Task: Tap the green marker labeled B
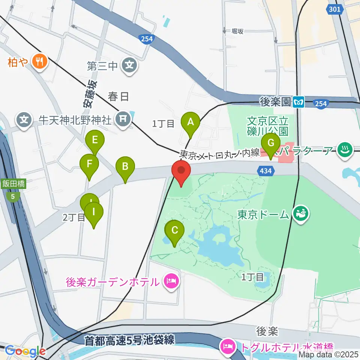click(x=125, y=167)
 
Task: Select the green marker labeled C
click(x=175, y=231)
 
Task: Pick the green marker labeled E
click(x=94, y=141)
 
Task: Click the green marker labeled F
click(x=89, y=164)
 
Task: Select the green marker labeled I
click(x=93, y=212)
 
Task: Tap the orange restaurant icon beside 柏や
click(x=39, y=61)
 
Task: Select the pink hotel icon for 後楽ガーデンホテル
click(x=172, y=281)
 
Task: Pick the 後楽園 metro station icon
click(x=299, y=101)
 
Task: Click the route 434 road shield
click(x=264, y=171)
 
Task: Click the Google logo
click(x=25, y=351)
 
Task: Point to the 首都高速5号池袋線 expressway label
click(x=129, y=340)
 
